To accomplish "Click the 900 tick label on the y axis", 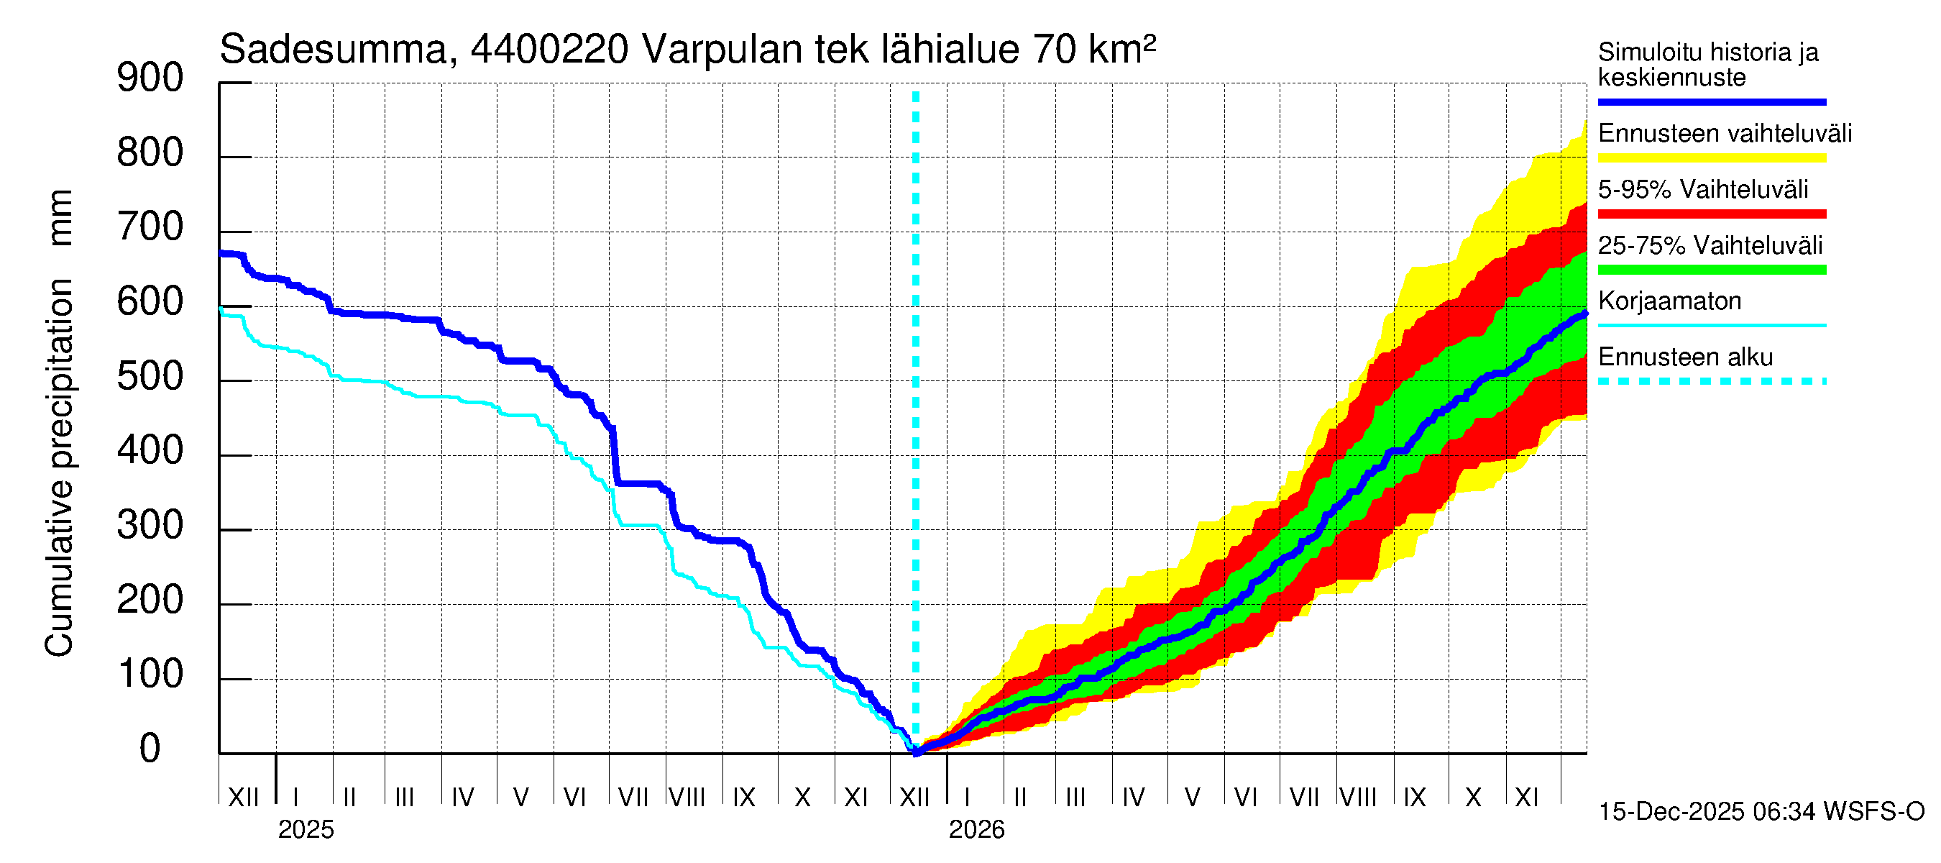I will pos(150,78).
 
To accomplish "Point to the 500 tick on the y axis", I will pos(150,377).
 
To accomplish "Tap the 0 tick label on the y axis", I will pos(150,749).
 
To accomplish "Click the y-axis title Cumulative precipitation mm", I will pos(60,422).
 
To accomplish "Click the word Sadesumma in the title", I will pos(333,50).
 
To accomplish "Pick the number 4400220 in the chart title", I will pos(549,50).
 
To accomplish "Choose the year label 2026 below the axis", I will pos(976,830).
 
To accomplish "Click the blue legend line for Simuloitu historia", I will pos(1711,101).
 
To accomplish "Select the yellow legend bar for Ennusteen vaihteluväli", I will pos(1711,158).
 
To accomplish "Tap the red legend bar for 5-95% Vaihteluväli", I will pos(1711,214).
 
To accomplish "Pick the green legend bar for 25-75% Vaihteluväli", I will pos(1711,270).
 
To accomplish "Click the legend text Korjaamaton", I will pos(1669,301).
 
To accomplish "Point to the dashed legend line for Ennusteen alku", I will pos(1711,381).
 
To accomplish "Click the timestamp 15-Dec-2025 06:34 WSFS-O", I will pos(1761,812).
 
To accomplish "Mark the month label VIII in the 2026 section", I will pos(1358,798).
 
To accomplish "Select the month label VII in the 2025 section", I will pos(633,798).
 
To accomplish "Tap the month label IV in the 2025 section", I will pos(463,798).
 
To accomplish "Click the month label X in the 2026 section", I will pos(1472,798).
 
